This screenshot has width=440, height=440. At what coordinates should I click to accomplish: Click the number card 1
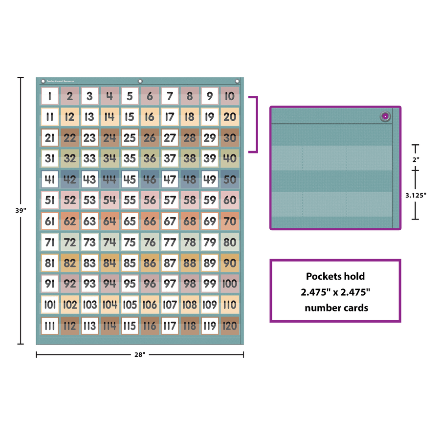49,96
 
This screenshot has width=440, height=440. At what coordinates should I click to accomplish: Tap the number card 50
229,179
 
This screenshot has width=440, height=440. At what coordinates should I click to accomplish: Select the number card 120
229,326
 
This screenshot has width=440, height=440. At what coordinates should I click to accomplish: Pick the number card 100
229,284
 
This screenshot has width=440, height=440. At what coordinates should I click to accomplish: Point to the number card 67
169,221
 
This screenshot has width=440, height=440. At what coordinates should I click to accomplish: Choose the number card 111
49,326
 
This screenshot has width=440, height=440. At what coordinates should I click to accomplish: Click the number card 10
229,96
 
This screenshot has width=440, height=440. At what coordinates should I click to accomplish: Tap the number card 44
110,179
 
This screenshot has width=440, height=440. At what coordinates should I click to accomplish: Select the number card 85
130,263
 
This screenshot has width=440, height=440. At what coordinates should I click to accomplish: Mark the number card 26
150,138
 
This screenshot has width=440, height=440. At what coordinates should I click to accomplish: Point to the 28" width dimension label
140,354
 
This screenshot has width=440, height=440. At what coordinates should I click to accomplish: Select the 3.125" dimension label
416,195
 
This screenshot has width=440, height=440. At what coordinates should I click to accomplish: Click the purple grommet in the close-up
385,116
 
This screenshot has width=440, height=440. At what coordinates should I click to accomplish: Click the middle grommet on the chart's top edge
140,81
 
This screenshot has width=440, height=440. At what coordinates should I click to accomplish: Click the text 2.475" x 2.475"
335,292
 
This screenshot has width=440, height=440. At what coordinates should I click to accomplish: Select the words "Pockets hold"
335,276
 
